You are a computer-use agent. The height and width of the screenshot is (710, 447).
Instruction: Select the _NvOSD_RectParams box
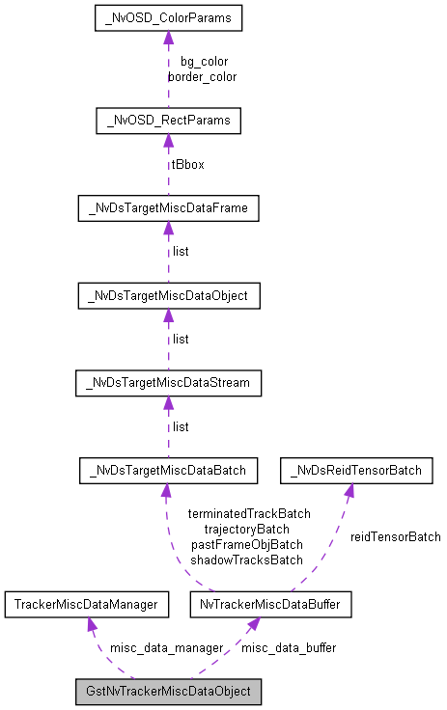click(x=168, y=121)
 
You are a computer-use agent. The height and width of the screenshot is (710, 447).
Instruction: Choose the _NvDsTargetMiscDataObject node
click(x=168, y=295)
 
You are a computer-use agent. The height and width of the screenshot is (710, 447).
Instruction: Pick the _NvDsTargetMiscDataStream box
click(x=168, y=383)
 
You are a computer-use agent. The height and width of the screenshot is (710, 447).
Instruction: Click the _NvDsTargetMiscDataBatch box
click(x=168, y=471)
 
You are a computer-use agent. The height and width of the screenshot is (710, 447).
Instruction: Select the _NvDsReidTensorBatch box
click(x=356, y=471)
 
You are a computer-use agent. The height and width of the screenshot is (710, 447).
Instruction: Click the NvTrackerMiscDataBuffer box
click(x=263, y=605)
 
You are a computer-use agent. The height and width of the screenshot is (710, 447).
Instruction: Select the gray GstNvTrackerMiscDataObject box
click(x=168, y=692)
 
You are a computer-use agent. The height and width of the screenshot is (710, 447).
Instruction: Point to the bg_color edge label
click(x=204, y=62)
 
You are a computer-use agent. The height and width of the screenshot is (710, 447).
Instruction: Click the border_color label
click(x=202, y=76)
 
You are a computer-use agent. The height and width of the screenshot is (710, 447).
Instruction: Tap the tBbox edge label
click(x=187, y=164)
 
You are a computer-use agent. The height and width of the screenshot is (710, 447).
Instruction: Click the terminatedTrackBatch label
click(x=249, y=514)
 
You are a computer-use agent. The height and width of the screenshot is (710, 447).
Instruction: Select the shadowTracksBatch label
click(x=246, y=560)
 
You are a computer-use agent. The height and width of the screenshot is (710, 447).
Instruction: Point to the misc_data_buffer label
click(x=289, y=648)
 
